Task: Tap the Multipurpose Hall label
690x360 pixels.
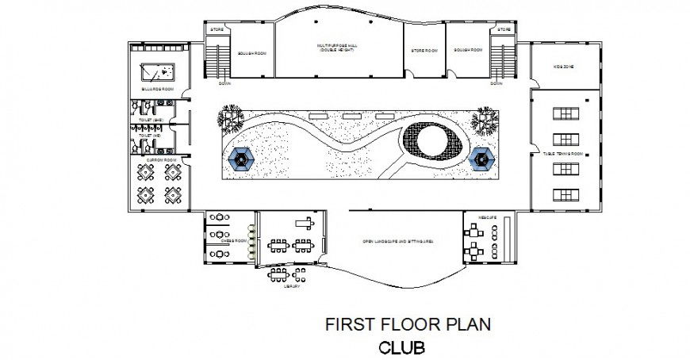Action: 339,48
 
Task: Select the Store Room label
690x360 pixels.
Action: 424,51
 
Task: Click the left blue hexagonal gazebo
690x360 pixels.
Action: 241,159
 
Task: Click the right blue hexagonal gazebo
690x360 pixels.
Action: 482,159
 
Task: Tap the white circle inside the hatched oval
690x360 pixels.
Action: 429,143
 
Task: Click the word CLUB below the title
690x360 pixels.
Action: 401,347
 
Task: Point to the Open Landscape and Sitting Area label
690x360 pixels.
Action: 397,240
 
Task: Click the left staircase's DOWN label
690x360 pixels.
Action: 224,82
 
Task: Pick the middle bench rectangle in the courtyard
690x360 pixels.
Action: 353,116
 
